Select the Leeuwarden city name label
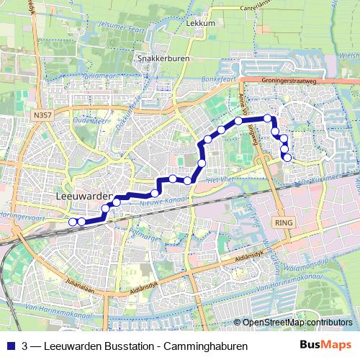[x=83, y=196]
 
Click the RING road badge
[x=284, y=223]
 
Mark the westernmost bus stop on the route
[x=72, y=222]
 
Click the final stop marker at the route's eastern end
[x=287, y=157]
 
